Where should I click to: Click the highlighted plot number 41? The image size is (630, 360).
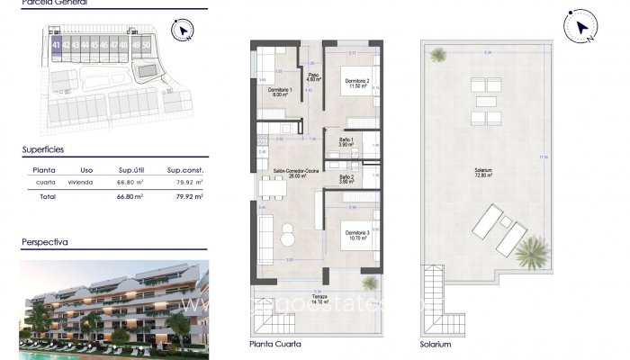point(57,44)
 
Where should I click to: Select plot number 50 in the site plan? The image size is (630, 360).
point(146,44)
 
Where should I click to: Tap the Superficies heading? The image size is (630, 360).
point(44,149)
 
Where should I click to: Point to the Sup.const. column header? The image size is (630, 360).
point(184,168)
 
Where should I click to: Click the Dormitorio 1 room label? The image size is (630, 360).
point(279,92)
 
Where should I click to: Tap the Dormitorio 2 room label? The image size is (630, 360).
point(357,83)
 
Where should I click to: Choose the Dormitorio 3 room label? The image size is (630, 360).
point(356,236)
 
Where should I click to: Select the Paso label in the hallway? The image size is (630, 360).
point(312,76)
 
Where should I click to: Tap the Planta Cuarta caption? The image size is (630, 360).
point(275,344)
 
